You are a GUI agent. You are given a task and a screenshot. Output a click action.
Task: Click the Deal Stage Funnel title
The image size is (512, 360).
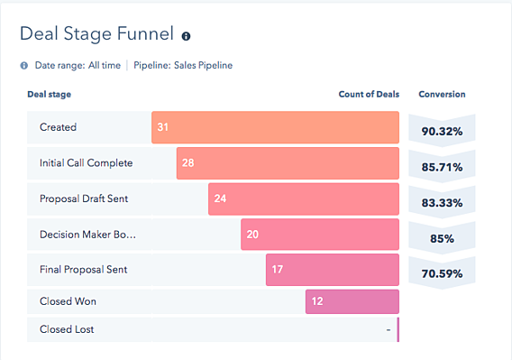point(96,36)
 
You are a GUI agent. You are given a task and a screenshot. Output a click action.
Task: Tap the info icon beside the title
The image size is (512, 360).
point(187,37)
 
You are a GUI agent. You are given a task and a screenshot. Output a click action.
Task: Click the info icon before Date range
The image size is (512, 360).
point(24,66)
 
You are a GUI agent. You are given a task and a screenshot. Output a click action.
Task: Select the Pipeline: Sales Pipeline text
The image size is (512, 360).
point(183,66)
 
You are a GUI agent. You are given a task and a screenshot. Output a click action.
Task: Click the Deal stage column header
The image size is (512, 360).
point(50,94)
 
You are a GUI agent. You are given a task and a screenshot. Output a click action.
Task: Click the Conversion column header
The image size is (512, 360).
point(442,94)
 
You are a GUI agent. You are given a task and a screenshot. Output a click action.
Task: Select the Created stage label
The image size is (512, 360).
point(59,127)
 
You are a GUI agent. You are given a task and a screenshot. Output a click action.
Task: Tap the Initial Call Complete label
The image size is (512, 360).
point(86,163)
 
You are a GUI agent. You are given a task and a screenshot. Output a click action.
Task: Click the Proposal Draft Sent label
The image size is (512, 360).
point(84,198)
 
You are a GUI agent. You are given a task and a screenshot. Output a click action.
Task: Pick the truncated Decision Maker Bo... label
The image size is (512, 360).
point(87,235)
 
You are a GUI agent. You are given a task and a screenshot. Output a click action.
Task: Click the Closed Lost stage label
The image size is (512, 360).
point(67,329)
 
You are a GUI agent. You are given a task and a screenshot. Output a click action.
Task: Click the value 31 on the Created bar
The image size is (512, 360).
point(163,127)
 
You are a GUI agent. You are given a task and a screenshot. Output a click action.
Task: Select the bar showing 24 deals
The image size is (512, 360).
point(303,198)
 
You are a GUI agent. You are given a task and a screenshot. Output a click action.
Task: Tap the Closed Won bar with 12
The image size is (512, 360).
point(352,300)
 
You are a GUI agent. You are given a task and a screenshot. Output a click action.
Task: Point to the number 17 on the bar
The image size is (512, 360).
point(278,270)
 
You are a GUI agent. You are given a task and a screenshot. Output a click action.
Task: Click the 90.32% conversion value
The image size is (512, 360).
point(442,132)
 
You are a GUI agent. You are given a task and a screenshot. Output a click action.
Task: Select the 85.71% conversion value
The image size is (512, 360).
point(442,168)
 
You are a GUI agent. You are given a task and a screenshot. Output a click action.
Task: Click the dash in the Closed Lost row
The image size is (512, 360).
point(389,330)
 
